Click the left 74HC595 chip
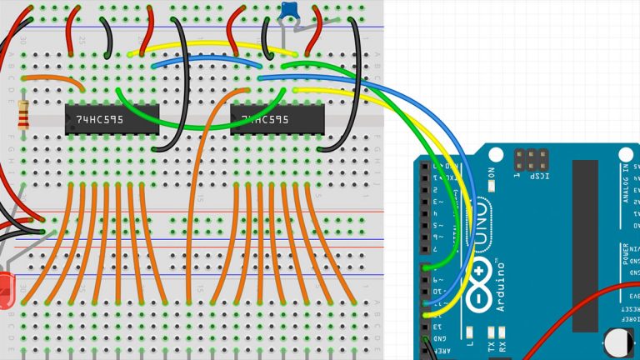[112, 120]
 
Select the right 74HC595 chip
[277, 120]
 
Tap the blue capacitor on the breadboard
[290, 10]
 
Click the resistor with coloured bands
[23, 113]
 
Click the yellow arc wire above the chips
[212, 44]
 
